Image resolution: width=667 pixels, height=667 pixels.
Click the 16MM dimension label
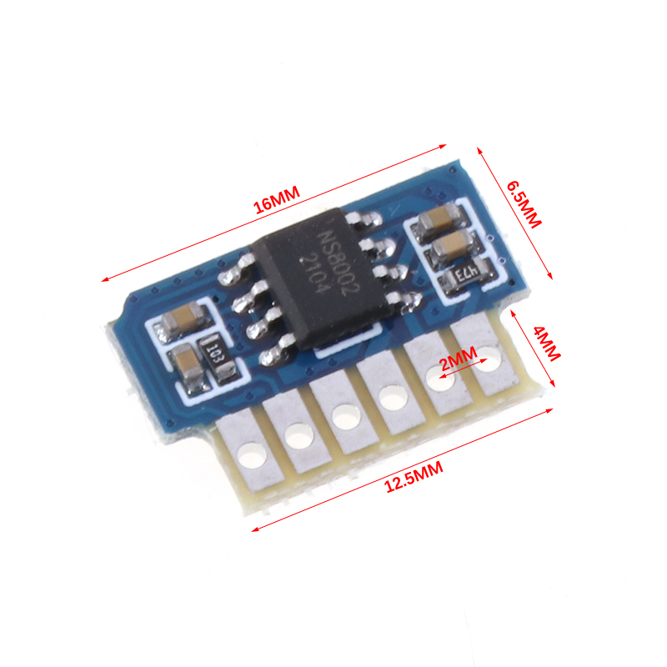tap(277, 199)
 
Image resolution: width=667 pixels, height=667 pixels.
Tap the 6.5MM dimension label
tap(524, 204)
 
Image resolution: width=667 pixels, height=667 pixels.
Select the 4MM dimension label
tap(547, 344)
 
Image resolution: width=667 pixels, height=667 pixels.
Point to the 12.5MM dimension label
tap(414, 477)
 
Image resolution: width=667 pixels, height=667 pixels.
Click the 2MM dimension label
tap(459, 359)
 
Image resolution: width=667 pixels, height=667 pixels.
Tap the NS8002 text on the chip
tap(339, 263)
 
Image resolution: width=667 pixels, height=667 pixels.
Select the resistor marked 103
tap(218, 358)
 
